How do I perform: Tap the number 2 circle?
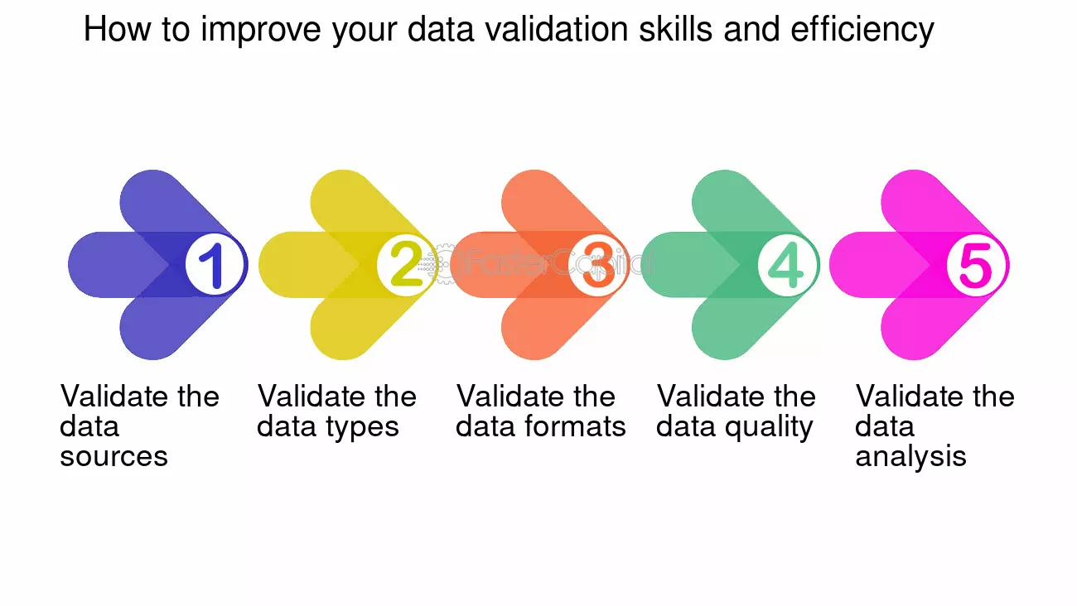[406, 265]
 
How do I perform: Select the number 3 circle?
[596, 265]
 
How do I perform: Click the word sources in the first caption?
[113, 456]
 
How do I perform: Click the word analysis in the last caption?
[910, 456]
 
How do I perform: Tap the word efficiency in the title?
[862, 31]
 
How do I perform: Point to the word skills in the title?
[676, 29]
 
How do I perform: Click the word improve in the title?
[261, 31]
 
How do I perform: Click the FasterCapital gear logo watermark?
[446, 263]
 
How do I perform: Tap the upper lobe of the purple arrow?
[166, 202]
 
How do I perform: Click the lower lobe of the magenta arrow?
[927, 328]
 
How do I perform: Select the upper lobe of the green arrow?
[738, 202]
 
